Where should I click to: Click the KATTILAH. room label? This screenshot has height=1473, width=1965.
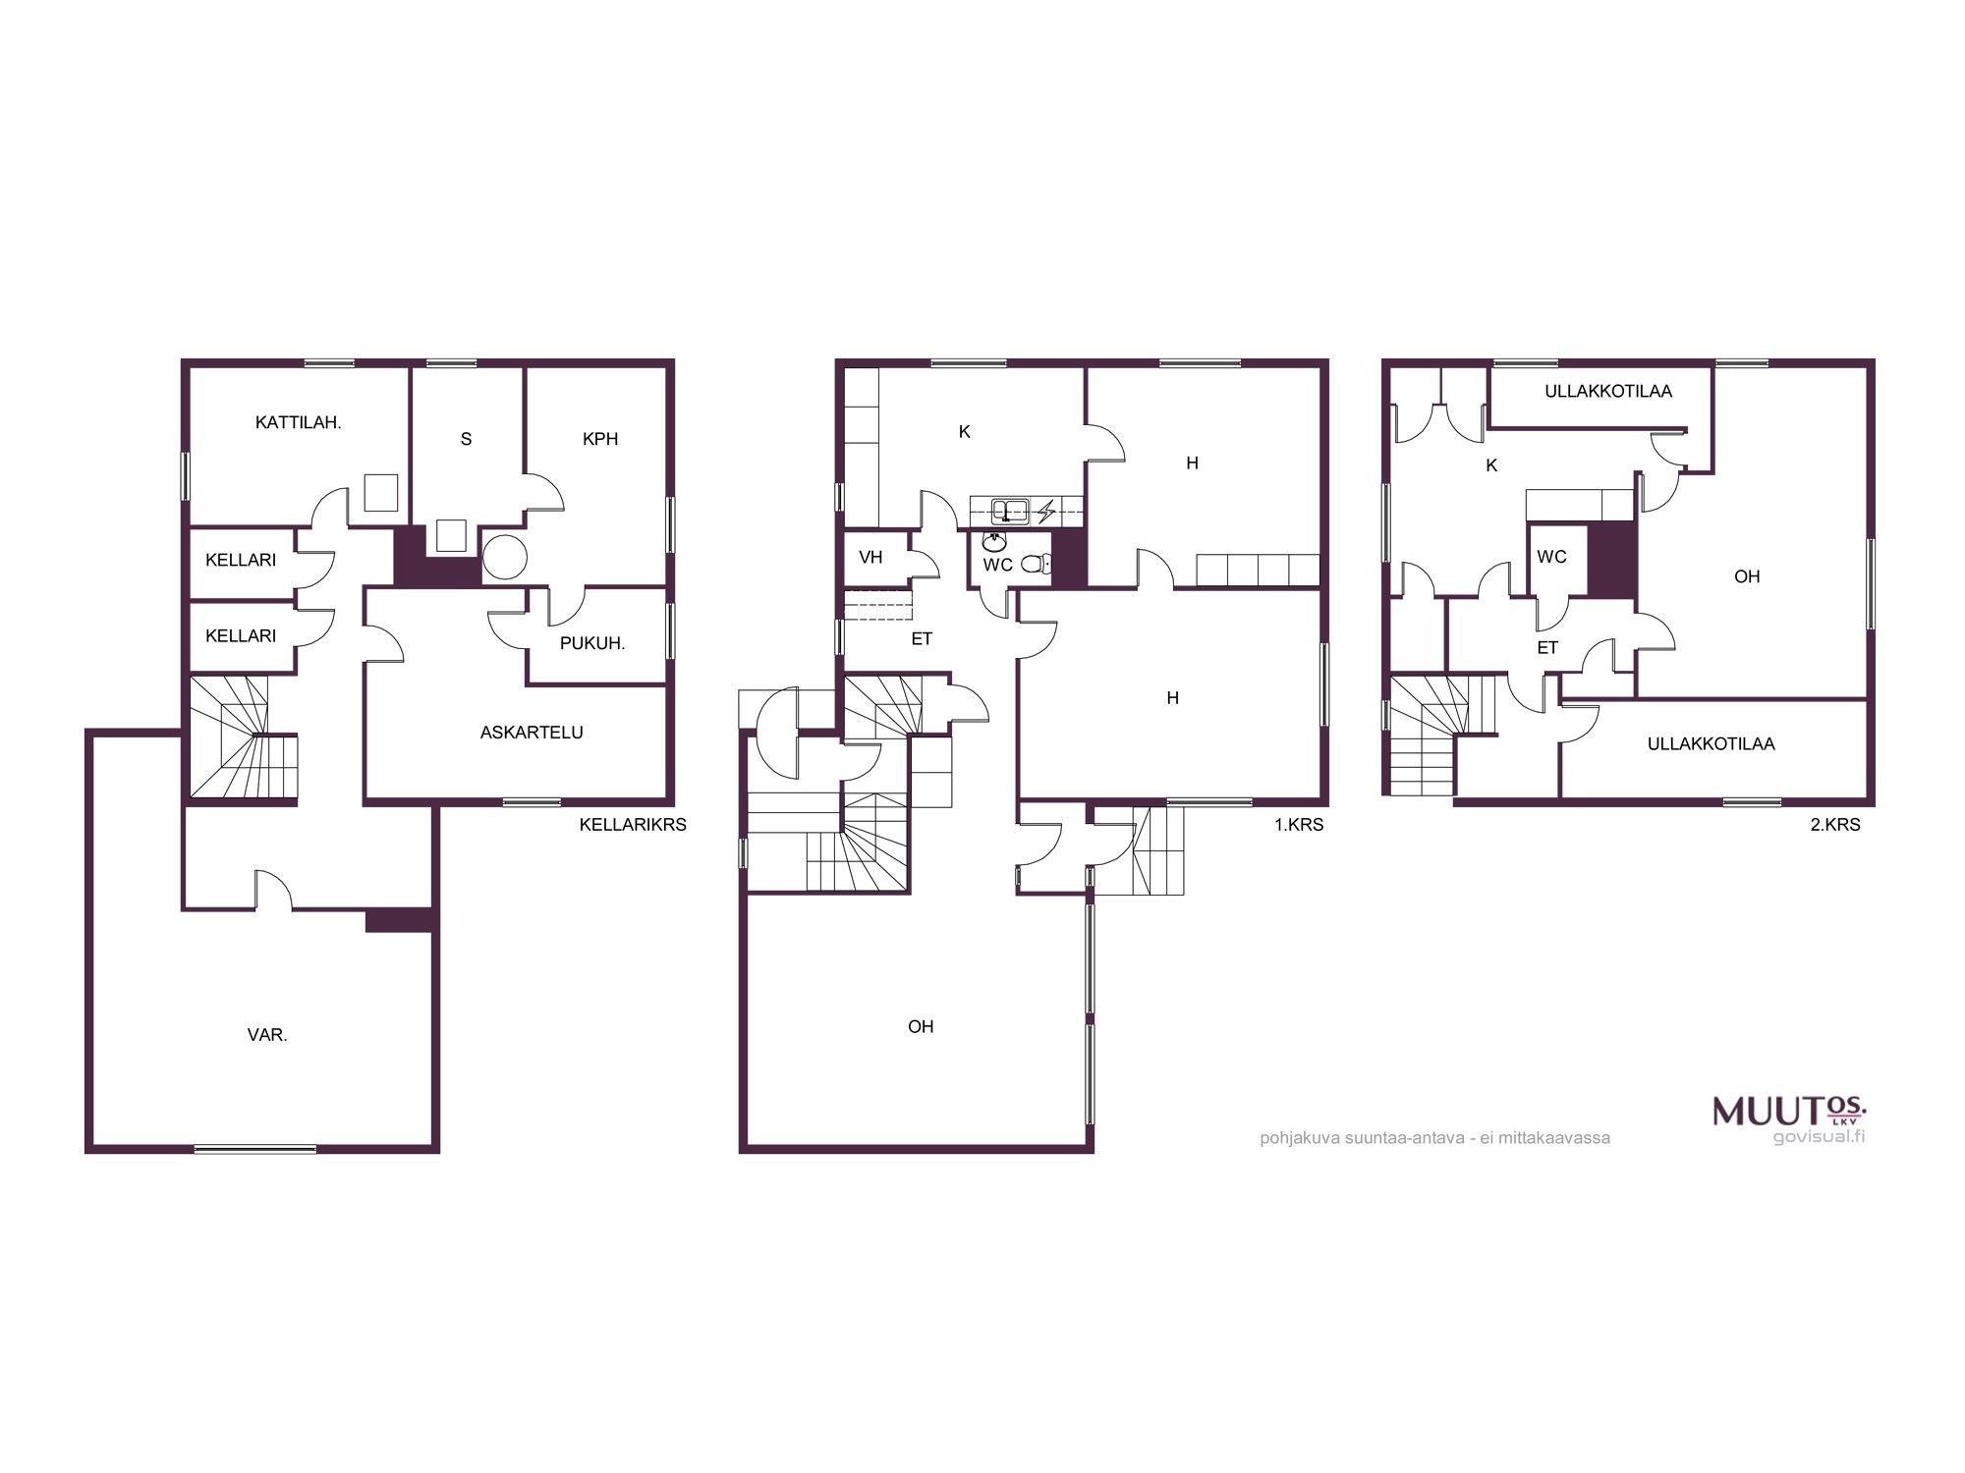(x=298, y=423)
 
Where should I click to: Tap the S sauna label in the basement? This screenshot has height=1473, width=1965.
(x=467, y=439)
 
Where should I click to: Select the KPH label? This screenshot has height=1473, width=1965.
(x=600, y=439)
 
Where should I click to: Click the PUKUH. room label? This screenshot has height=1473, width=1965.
(x=592, y=643)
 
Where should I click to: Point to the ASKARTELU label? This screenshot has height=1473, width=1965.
(x=532, y=733)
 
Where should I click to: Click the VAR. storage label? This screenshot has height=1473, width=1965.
(x=267, y=1035)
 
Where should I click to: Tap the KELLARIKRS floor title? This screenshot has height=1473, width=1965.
(x=633, y=825)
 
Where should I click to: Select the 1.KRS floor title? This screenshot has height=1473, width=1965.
(x=1299, y=825)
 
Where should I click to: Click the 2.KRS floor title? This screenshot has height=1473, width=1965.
(x=1835, y=825)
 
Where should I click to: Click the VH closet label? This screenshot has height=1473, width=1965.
(x=870, y=558)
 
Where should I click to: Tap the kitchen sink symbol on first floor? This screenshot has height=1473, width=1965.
(x=1010, y=511)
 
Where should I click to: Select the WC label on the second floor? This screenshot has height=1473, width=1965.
(x=1551, y=557)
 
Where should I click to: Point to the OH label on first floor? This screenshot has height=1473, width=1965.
(x=921, y=1027)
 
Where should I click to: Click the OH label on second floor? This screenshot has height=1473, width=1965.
(x=1747, y=577)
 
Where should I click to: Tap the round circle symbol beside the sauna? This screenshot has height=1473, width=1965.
(x=505, y=558)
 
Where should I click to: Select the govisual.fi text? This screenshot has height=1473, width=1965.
(x=1819, y=1137)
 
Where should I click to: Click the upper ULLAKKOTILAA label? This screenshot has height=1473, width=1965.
(x=1608, y=392)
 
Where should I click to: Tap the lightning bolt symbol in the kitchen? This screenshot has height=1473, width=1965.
(x=1047, y=511)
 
